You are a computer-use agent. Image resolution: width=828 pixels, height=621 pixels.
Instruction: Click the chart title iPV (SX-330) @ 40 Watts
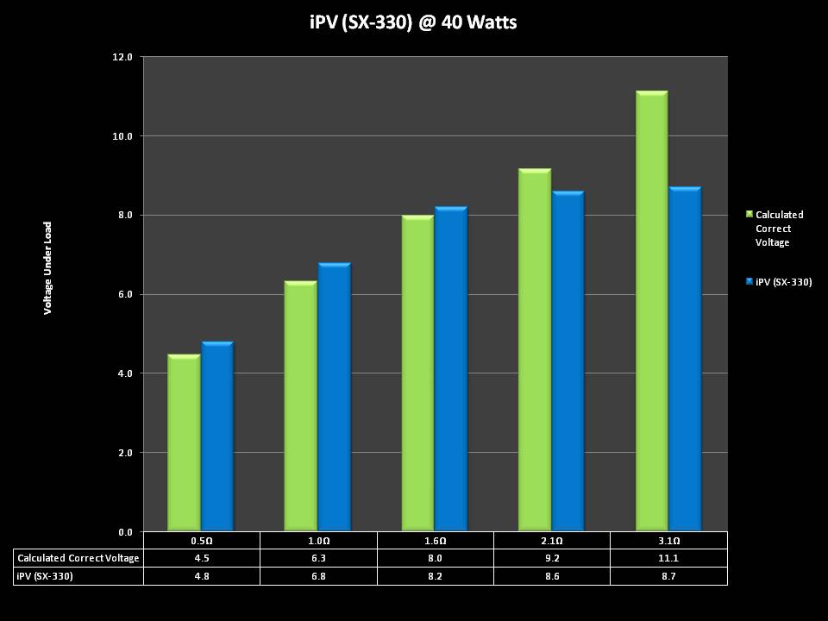tap(413, 22)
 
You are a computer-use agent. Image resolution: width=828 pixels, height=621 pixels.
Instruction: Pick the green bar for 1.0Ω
tap(300, 406)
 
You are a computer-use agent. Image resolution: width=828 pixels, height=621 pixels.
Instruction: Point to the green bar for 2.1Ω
tap(534, 350)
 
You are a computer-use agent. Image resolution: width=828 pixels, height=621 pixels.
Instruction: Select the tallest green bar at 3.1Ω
tap(651, 311)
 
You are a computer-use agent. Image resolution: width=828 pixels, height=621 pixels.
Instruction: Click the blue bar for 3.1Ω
tap(684, 359)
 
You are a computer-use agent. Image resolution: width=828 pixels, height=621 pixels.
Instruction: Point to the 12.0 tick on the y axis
tap(122, 57)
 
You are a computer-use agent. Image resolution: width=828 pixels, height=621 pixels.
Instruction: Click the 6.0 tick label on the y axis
tap(122, 294)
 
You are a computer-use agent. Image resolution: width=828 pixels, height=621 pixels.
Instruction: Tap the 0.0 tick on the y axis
tap(122, 531)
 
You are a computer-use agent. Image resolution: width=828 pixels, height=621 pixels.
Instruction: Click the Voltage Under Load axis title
tap(48, 267)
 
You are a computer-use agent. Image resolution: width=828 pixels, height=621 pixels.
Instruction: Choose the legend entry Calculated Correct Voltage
tap(779, 229)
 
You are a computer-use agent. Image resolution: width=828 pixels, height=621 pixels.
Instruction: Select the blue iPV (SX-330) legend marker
tap(750, 282)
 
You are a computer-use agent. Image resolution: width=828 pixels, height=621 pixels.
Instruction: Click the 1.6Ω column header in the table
tap(435, 541)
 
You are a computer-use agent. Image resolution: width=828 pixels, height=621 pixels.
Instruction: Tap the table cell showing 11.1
tap(668, 558)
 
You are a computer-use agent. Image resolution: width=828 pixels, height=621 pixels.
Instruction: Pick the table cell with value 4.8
tap(201, 575)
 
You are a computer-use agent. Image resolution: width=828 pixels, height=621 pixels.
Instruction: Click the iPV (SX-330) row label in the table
tap(45, 575)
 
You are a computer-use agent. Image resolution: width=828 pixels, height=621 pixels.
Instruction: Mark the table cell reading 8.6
tap(552, 575)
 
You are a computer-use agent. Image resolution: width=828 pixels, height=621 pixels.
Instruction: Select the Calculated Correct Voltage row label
tap(78, 558)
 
